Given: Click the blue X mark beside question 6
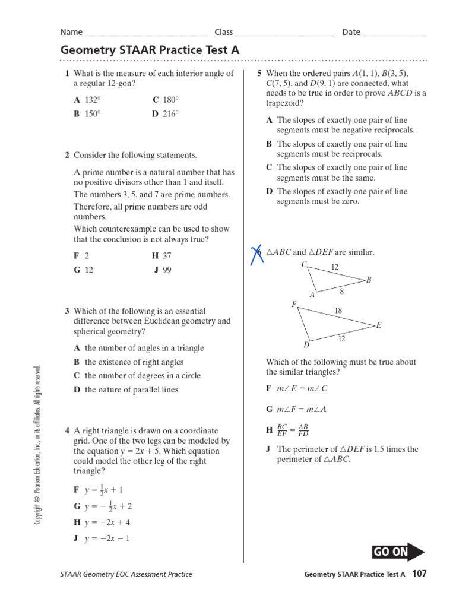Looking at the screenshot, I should (x=256, y=254).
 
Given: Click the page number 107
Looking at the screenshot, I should (x=419, y=574).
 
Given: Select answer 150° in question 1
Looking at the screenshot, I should (x=88, y=114).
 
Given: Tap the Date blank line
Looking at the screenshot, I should (x=394, y=33).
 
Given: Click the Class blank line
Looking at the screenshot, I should (x=285, y=33).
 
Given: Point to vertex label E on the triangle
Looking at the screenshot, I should (x=379, y=325).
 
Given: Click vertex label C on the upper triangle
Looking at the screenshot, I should (x=304, y=265).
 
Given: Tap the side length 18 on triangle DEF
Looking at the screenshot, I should (x=339, y=310).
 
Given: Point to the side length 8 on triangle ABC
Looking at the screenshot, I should (x=342, y=291).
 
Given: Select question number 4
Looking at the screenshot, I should (x=68, y=430).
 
